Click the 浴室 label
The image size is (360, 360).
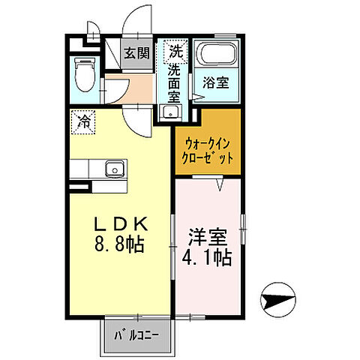tap(216, 84)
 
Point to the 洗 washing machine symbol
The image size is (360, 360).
tap(175, 52)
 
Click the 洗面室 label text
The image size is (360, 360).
tap(174, 82)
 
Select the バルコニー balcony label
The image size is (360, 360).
tap(136, 334)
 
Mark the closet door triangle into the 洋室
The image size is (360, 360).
tap(220, 184)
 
